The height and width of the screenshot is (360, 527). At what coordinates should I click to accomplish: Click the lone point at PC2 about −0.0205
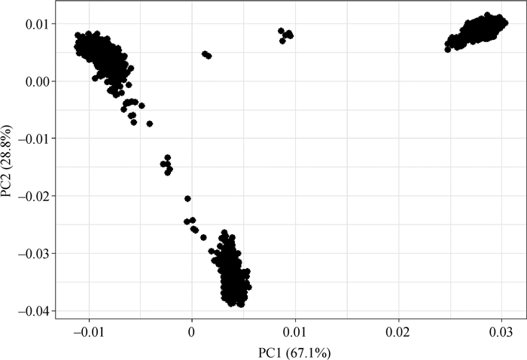(187, 199)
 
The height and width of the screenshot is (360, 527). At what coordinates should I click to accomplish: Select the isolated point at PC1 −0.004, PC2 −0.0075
(149, 124)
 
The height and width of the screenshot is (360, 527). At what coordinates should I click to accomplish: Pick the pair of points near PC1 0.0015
(206, 55)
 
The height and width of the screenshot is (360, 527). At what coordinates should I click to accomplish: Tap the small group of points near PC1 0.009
(285, 35)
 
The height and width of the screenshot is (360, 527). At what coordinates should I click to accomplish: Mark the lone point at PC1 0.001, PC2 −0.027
(203, 237)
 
